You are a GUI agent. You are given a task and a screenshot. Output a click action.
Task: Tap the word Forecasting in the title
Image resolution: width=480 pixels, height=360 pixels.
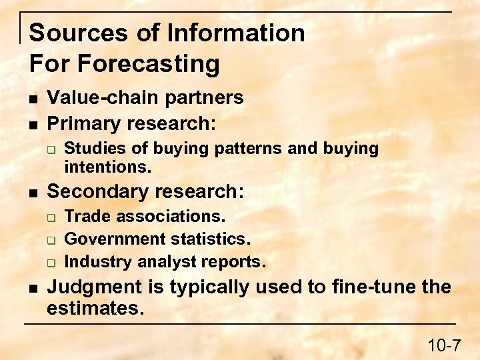tap(149, 64)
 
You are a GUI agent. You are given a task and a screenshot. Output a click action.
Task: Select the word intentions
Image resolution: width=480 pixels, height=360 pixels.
tap(107, 166)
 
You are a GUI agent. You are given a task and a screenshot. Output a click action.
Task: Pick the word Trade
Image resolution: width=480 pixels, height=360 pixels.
tap(85, 217)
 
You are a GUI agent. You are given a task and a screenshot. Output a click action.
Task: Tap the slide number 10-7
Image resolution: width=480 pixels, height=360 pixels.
tap(444, 345)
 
